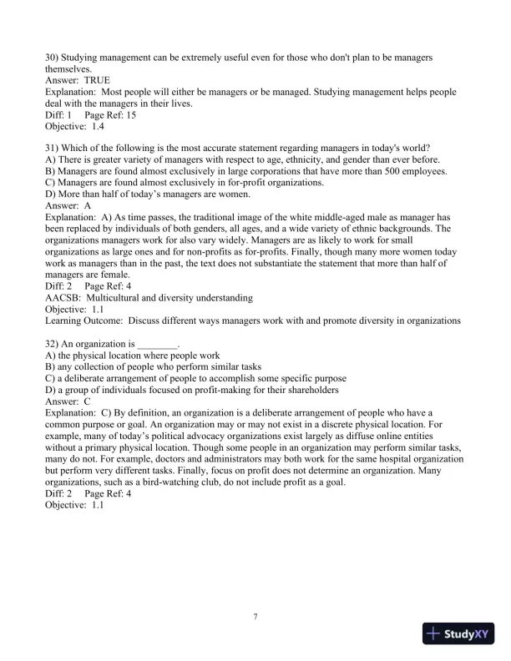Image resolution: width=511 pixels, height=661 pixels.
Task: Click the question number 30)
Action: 53,57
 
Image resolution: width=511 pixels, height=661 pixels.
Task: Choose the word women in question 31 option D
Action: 212,194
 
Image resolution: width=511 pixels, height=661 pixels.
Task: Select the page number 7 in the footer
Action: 255,616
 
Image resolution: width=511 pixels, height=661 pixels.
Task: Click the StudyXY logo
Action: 458,633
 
